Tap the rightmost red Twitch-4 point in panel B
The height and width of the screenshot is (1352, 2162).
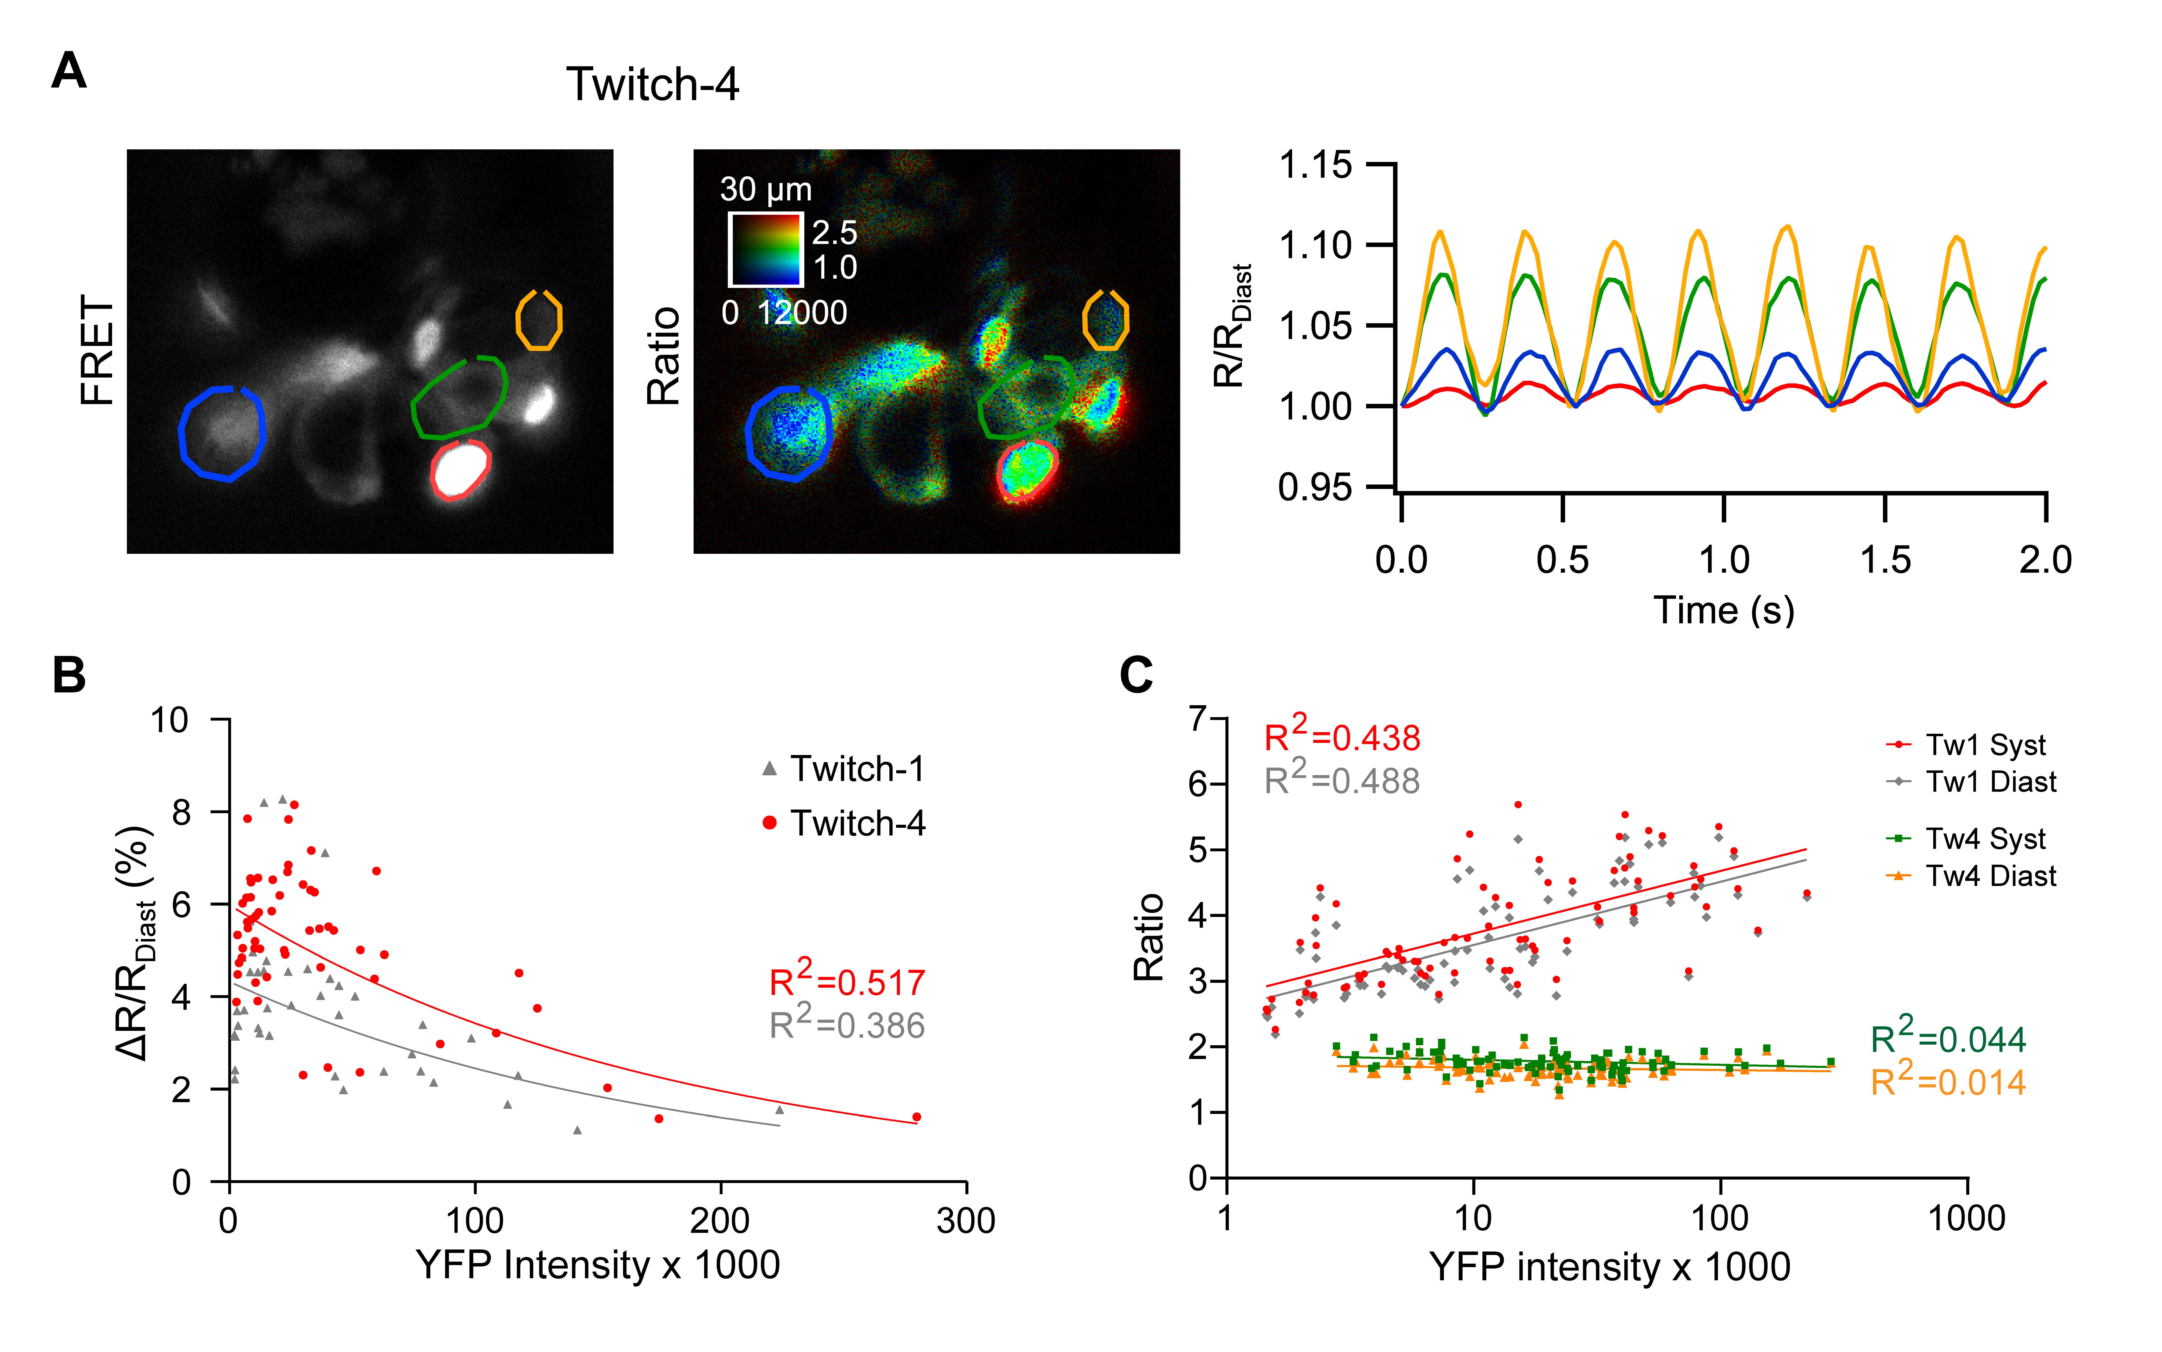click(917, 1117)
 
